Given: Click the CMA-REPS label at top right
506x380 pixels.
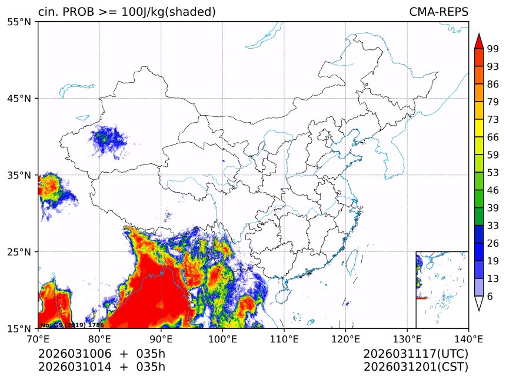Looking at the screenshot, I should pos(438,12).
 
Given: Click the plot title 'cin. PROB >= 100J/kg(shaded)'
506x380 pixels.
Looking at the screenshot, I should pos(126,12).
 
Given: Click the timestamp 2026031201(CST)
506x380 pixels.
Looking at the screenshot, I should pos(415,367).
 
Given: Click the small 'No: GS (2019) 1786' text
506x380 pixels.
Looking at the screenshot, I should pos(72,325).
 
